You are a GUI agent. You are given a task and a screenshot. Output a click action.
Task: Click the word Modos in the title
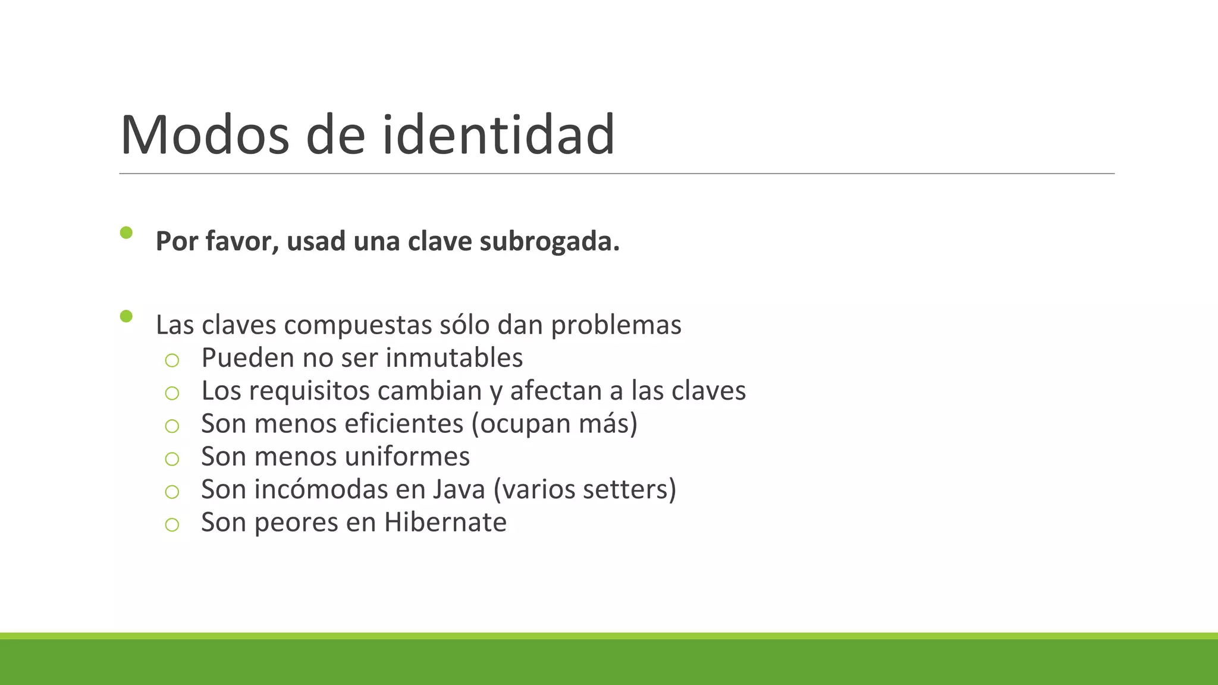pyautogui.click(x=205, y=135)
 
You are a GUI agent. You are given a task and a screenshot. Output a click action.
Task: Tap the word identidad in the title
pyautogui.click(x=498, y=135)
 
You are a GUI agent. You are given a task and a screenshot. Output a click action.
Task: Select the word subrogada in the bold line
pyautogui.click(x=549, y=241)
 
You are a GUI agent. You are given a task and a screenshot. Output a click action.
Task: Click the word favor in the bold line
pyautogui.click(x=242, y=241)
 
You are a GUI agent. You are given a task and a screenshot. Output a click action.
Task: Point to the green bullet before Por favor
pyautogui.click(x=126, y=232)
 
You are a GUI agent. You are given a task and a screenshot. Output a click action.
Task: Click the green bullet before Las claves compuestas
pyautogui.click(x=126, y=316)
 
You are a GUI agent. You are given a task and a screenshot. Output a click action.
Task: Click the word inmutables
pyautogui.click(x=454, y=358)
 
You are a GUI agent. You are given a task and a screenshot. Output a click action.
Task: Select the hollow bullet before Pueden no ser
pyautogui.click(x=172, y=360)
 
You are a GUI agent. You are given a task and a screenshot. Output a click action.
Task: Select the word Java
pyautogui.click(x=459, y=489)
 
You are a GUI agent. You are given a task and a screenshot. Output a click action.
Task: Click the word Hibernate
pyautogui.click(x=445, y=522)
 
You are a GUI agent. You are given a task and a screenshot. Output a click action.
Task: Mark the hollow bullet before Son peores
pyautogui.click(x=172, y=524)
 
